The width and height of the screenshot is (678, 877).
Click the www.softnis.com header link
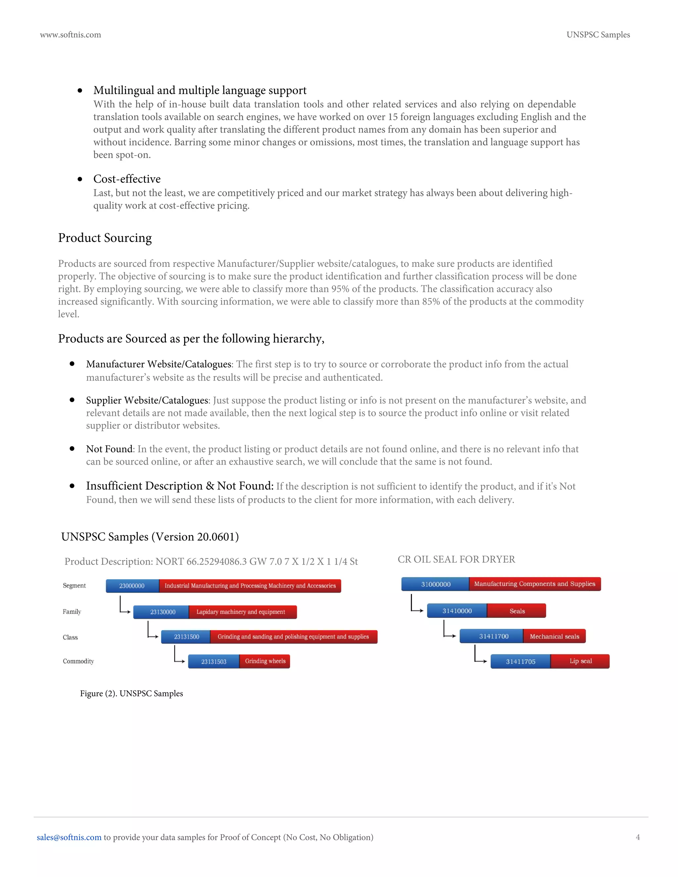pos(70,35)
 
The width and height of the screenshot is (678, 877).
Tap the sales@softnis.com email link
pos(69,837)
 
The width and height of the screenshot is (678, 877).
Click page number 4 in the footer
pos(637,837)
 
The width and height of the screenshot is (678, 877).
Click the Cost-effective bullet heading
pos(127,179)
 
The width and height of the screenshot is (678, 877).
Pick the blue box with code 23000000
pos(132,586)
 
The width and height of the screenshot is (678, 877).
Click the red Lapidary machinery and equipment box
pos(242,612)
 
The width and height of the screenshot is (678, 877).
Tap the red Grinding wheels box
pos(265,661)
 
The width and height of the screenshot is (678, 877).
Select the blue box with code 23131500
pos(186,637)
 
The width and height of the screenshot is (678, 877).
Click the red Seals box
pos(516,611)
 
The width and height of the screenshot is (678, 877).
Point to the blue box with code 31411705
pos(520,661)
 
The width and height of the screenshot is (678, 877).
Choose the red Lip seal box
pos(580,661)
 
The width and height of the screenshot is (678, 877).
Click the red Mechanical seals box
pos(554,636)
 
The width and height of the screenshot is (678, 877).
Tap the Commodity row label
pos(78,661)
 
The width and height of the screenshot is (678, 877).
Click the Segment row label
pos(74,585)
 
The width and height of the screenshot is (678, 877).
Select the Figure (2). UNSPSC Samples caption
pos(131,693)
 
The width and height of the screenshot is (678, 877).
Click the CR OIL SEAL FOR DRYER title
pos(456,559)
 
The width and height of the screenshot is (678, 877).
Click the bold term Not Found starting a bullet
pos(109,449)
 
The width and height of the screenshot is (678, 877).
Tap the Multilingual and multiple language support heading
pos(200,90)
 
